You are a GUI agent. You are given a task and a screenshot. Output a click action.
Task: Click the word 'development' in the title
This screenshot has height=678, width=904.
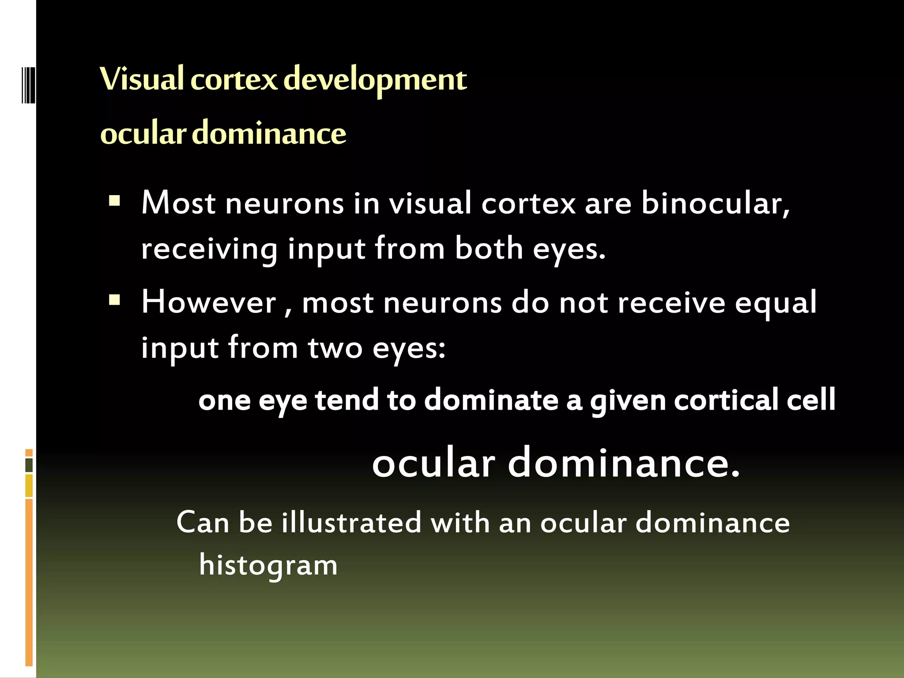375,80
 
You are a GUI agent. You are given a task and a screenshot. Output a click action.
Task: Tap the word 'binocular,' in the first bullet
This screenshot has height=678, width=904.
716,204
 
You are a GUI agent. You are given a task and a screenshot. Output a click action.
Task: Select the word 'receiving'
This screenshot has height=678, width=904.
209,249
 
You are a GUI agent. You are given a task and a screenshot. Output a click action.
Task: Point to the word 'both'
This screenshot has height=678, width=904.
489,249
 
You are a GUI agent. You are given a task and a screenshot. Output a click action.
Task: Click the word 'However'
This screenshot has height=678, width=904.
209,303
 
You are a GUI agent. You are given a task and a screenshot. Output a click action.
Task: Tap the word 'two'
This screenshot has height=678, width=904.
335,348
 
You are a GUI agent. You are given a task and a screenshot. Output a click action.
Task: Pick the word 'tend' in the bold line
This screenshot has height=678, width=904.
347,400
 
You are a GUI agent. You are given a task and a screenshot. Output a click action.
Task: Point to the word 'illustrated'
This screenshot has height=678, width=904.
352,523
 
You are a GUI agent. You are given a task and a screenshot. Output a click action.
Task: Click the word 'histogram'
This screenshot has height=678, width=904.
268,566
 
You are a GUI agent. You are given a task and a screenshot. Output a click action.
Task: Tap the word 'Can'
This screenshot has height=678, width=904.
203,523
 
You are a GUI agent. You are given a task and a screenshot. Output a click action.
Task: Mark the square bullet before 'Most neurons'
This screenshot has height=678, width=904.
115,202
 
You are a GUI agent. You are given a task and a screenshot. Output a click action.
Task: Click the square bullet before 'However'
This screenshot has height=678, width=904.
115,301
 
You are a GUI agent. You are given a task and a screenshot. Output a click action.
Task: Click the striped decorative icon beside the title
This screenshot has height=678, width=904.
28,85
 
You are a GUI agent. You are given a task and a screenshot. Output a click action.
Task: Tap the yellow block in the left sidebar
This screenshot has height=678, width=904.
29,486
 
